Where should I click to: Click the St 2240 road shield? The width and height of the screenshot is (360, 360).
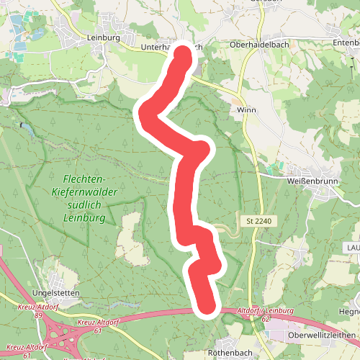click(257, 220)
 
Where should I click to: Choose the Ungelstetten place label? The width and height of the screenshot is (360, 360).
click(56, 293)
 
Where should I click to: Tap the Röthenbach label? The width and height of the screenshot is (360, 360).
click(228, 354)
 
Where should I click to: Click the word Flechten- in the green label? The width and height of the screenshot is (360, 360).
click(84, 179)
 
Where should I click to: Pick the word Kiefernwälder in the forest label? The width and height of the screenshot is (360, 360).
click(84, 192)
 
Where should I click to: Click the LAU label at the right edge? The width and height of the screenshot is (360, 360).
click(353, 246)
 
